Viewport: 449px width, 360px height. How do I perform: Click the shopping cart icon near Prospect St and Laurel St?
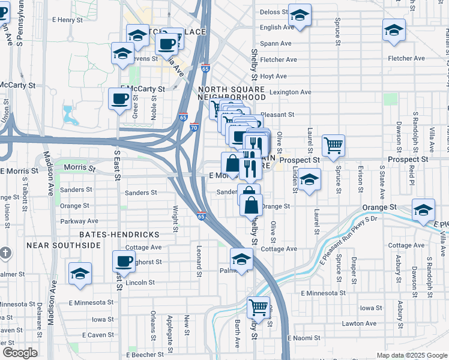[x=333, y=145]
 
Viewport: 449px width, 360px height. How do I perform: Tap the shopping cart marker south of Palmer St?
[x=258, y=307]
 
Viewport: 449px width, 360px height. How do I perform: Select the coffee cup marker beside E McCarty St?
[x=119, y=98]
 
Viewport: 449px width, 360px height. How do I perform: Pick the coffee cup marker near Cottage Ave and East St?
[x=124, y=261]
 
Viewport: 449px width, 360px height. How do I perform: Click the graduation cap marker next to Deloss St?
[x=300, y=14]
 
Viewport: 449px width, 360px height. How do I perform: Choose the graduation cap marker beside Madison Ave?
[x=80, y=273]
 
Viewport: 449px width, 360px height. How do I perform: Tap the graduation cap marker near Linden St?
[x=309, y=179]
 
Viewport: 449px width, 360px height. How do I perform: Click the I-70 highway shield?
[x=194, y=127]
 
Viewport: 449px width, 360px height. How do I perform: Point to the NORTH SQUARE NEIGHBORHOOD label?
[x=232, y=92]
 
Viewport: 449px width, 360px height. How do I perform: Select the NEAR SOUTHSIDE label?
[x=63, y=245]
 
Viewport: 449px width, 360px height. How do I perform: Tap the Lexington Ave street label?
[x=291, y=92]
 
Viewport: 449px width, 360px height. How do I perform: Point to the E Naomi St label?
[x=303, y=338]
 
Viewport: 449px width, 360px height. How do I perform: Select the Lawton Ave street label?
[x=360, y=323]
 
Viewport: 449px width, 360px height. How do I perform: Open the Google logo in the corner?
[x=20, y=353]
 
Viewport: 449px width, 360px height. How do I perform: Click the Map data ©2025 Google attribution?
[x=412, y=355]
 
